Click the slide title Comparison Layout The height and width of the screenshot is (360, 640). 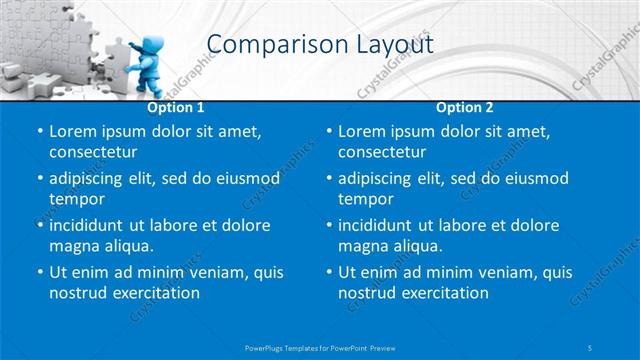(x=319, y=44)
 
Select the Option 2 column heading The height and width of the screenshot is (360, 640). (x=464, y=107)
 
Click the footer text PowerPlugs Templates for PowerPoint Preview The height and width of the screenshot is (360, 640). (x=319, y=346)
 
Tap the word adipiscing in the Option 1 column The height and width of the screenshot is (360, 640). (x=91, y=178)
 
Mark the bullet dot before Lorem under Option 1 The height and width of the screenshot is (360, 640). (x=38, y=132)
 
